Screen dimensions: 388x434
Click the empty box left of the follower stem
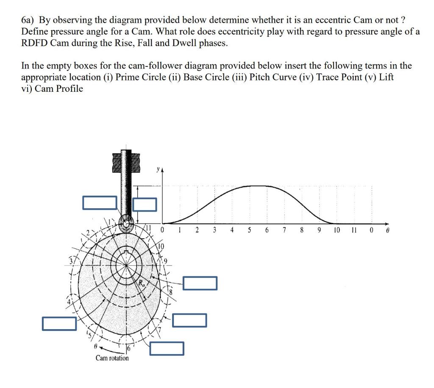tap(100, 203)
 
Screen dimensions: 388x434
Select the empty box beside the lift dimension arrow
tap(145, 204)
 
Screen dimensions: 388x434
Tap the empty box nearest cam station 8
tap(200, 283)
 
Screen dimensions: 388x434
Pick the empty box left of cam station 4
tap(59, 323)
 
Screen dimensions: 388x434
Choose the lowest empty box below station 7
tap(167, 348)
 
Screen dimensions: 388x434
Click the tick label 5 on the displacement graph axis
tap(249, 231)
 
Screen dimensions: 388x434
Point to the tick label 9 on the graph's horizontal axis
tap(319, 231)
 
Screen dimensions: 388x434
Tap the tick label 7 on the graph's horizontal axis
tap(284, 231)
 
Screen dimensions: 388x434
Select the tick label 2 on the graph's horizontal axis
tap(197, 231)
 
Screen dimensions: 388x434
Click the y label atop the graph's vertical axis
tap(159, 169)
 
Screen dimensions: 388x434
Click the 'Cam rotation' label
tap(112, 358)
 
